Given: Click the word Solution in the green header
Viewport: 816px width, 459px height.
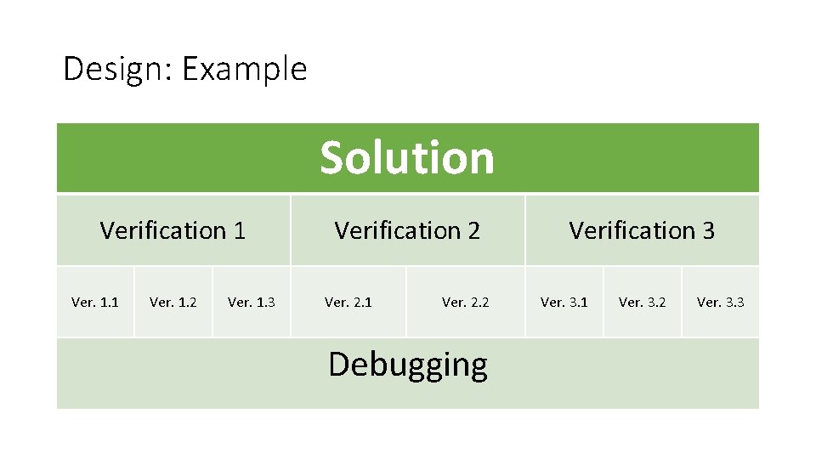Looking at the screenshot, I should [406, 158].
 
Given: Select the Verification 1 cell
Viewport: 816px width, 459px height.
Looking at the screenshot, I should [173, 230].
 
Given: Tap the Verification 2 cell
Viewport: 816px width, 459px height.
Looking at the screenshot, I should [407, 230].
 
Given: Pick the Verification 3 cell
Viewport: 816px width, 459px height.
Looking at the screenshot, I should [642, 230].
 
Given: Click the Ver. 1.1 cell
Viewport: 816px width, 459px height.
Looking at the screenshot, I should [95, 302].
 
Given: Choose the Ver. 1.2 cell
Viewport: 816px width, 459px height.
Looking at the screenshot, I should [173, 302].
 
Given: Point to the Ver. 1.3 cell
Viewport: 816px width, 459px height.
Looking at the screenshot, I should [252, 302].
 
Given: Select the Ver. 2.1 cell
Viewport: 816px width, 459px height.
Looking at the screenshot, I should [348, 302].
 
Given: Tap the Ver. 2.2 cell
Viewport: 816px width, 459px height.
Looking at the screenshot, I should [466, 302].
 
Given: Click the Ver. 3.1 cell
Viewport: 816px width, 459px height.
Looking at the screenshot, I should [564, 302].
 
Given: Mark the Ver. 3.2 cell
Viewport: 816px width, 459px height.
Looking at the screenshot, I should [643, 302].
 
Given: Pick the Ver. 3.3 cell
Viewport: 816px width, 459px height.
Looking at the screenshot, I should [721, 302].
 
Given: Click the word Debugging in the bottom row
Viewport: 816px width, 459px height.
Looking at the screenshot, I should [408, 365].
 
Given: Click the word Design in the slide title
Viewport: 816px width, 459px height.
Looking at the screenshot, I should [115, 68].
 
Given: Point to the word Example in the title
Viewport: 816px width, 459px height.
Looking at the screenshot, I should [244, 69].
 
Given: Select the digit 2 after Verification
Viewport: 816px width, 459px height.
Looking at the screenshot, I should [473, 230].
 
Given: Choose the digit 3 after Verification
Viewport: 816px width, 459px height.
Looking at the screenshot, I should [708, 230].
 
